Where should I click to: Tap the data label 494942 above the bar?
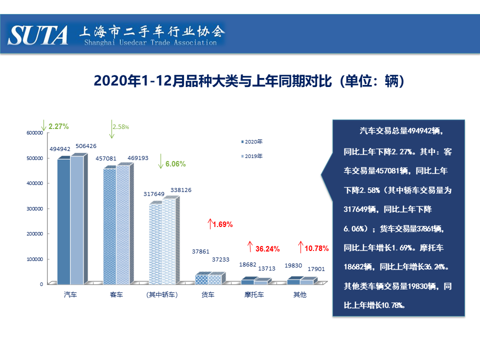60,149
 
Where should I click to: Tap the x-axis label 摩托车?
254,295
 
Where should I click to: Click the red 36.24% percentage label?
267,248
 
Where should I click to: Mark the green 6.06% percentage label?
175,164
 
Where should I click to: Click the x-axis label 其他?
299,295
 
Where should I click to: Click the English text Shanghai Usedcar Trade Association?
150,43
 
